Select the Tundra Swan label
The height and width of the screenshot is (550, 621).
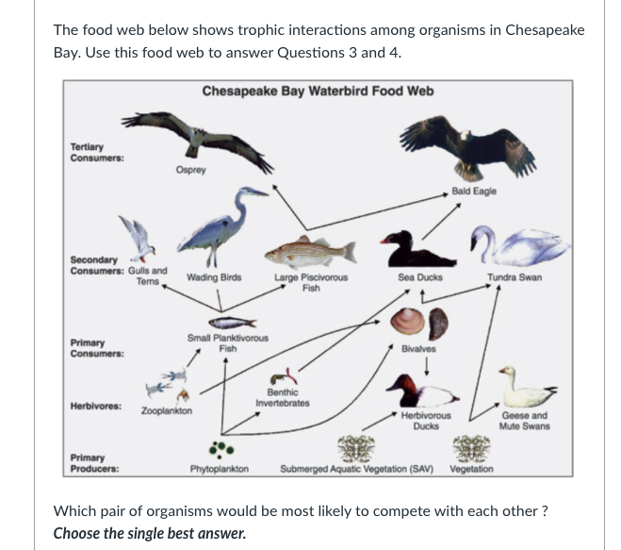click(514, 277)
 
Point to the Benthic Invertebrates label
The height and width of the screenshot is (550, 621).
click(283, 397)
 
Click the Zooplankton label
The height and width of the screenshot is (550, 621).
click(167, 411)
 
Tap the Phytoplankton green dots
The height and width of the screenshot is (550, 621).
click(220, 446)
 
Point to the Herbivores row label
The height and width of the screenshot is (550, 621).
click(95, 406)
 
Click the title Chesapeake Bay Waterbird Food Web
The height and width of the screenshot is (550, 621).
click(318, 92)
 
